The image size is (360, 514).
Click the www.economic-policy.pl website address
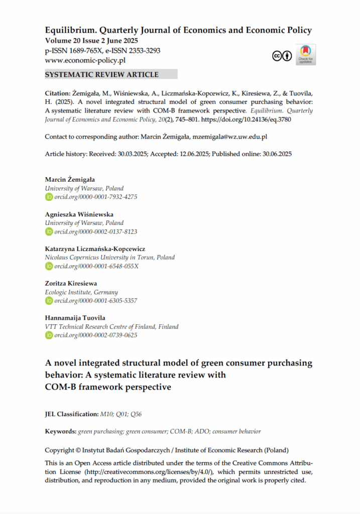(85, 60)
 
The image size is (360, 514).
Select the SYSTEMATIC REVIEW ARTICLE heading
(102, 74)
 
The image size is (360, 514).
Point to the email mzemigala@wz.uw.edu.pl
(230, 136)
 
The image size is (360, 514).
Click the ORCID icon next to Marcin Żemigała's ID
(49, 197)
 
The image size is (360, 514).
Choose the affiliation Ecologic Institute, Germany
(81, 292)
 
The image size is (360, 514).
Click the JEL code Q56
(143, 414)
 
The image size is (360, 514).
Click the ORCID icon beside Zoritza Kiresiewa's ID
(49, 301)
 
